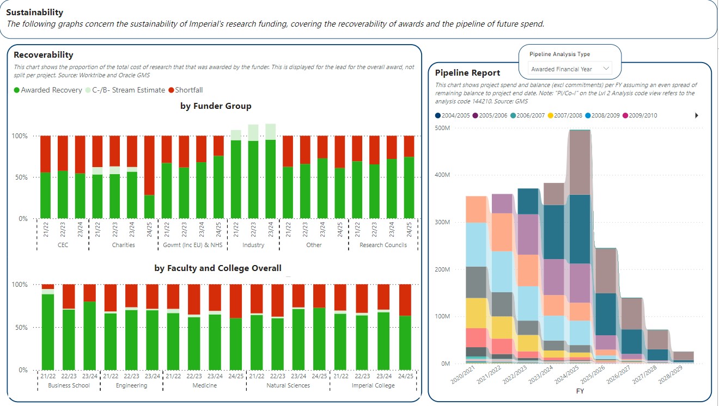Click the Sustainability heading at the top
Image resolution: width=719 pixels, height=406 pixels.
point(34,12)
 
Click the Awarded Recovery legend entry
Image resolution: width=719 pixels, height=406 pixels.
point(47,90)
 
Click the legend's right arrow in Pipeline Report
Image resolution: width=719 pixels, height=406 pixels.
point(697,115)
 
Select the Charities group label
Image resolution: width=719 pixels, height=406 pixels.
point(123,245)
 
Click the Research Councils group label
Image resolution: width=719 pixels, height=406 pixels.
point(383,245)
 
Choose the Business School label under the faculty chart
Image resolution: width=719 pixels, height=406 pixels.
point(69,385)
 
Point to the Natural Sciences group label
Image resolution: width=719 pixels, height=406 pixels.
point(288,385)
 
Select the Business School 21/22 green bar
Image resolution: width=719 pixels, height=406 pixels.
point(48,332)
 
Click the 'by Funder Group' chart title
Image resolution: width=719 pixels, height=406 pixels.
point(216,106)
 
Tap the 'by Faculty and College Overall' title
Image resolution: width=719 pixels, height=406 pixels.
point(218,268)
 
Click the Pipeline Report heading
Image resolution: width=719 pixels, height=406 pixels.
point(467,72)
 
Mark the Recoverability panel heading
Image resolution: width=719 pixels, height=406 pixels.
point(44,54)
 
